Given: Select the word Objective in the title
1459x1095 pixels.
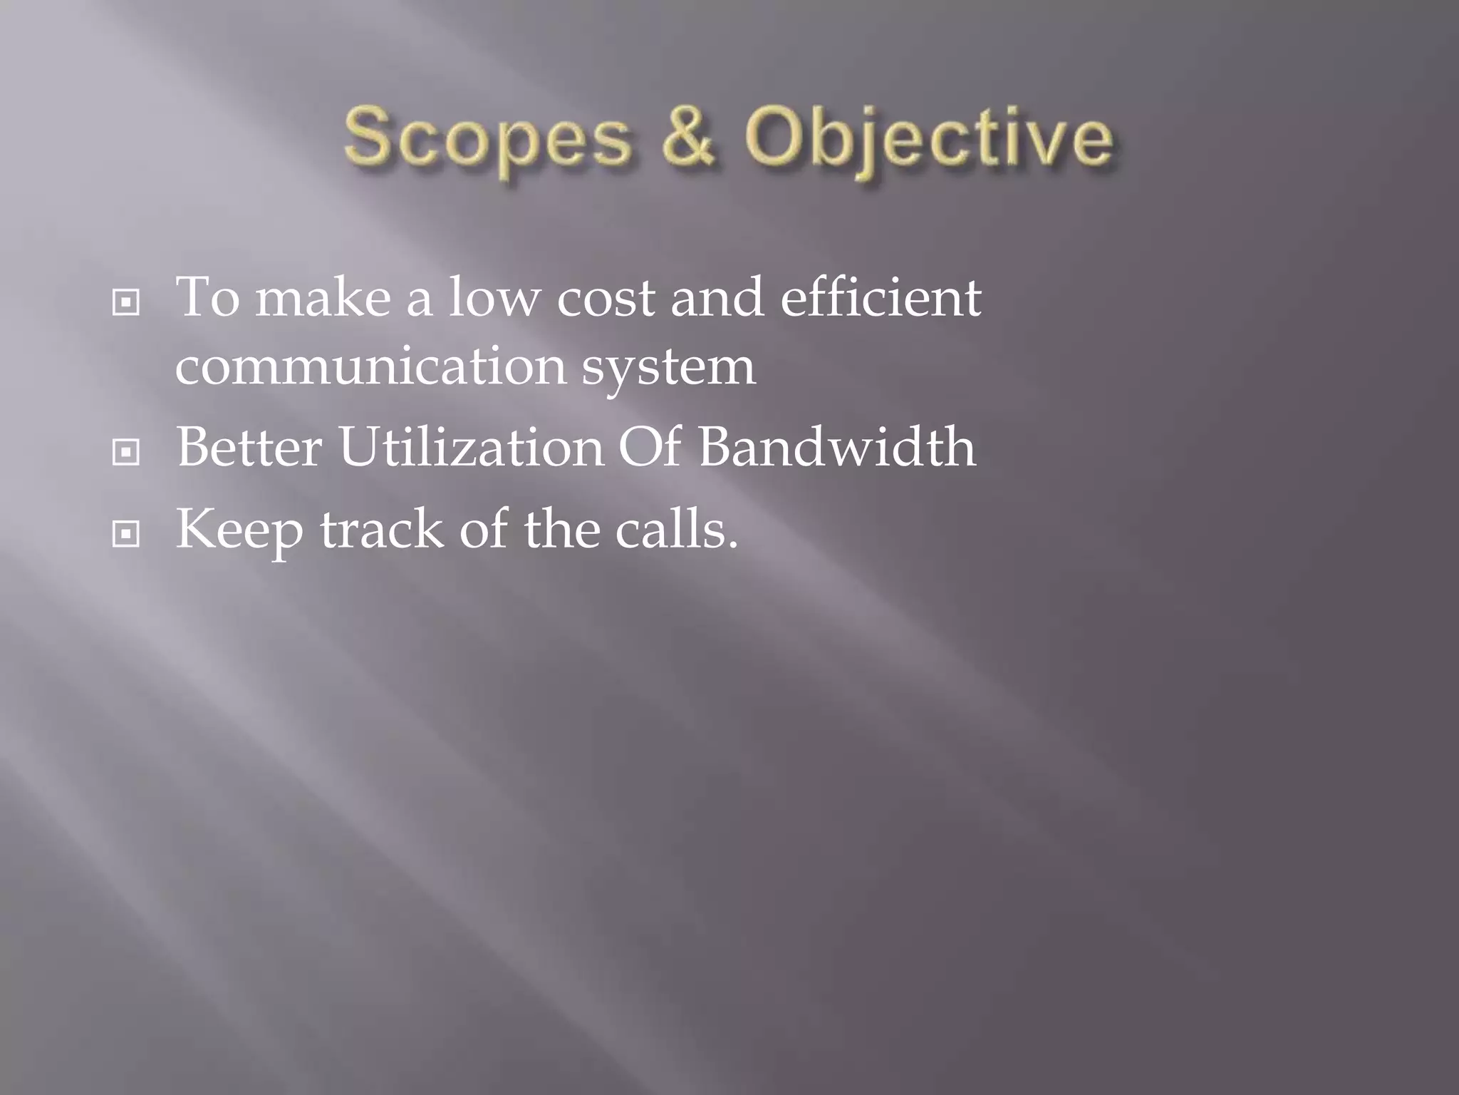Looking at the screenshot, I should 928,139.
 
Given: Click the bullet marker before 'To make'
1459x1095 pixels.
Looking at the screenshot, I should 126,303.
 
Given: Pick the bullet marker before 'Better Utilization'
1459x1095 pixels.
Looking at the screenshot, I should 126,452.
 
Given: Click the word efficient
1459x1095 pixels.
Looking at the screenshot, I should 881,297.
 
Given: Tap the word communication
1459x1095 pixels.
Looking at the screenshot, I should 370,367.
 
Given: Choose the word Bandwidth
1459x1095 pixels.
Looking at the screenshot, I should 837,447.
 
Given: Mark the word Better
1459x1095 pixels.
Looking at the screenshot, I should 249,447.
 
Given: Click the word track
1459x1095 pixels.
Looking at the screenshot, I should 382,530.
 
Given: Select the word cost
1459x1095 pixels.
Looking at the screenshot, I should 606,299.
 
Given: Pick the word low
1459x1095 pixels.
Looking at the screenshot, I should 494,297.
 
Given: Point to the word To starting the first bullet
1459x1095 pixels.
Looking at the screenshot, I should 207,297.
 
